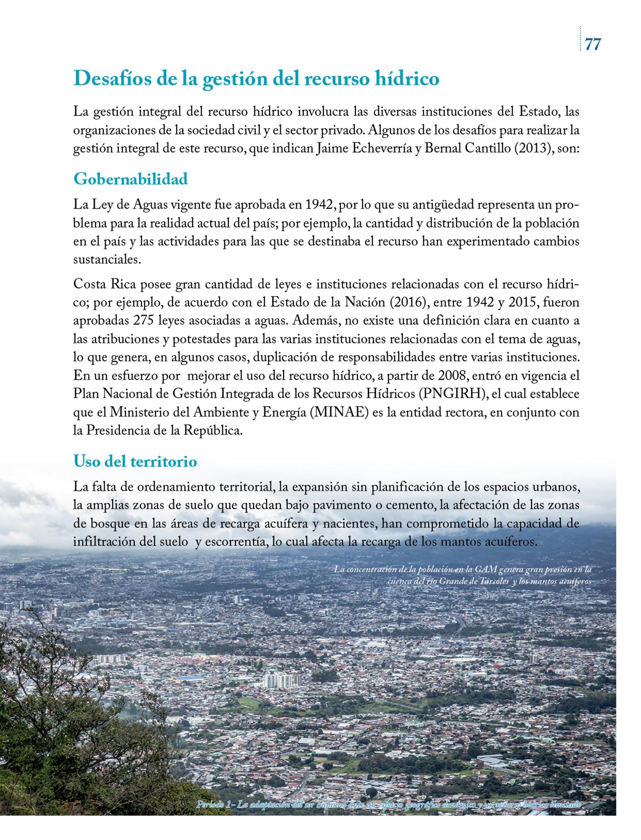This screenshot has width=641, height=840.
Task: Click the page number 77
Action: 593,43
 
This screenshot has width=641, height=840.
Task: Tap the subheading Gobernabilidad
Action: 130,179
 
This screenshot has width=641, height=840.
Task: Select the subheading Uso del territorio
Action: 135,461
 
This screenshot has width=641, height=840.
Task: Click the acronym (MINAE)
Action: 339,412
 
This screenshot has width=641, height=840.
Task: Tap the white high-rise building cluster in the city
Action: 282,680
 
